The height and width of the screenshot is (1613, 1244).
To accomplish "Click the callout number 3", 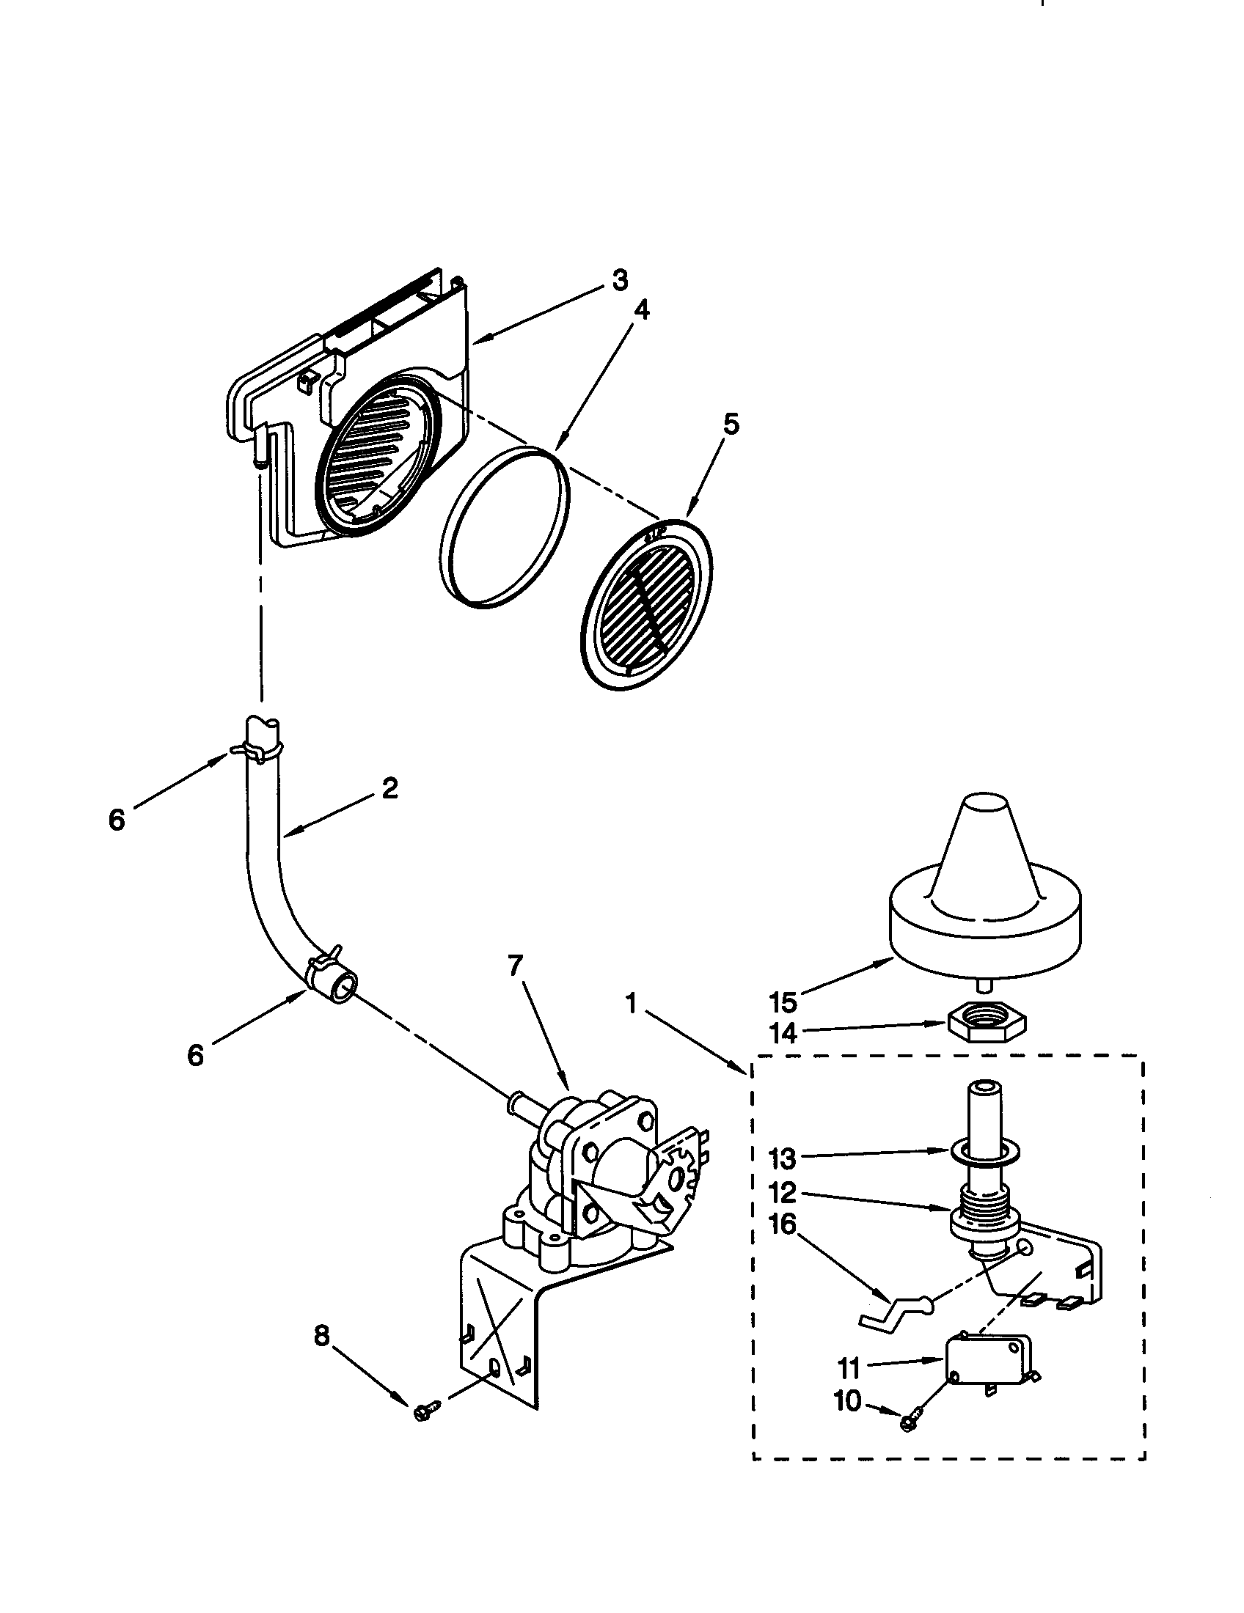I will pos(619,281).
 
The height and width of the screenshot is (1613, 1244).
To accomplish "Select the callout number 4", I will pos(642,311).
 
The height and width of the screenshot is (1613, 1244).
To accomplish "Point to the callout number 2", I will pos(389,788).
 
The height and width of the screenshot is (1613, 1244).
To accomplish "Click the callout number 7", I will pos(515,965).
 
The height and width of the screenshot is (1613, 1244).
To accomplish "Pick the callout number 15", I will pos(783,1002).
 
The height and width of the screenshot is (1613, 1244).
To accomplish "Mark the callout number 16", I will pos(783,1224).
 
